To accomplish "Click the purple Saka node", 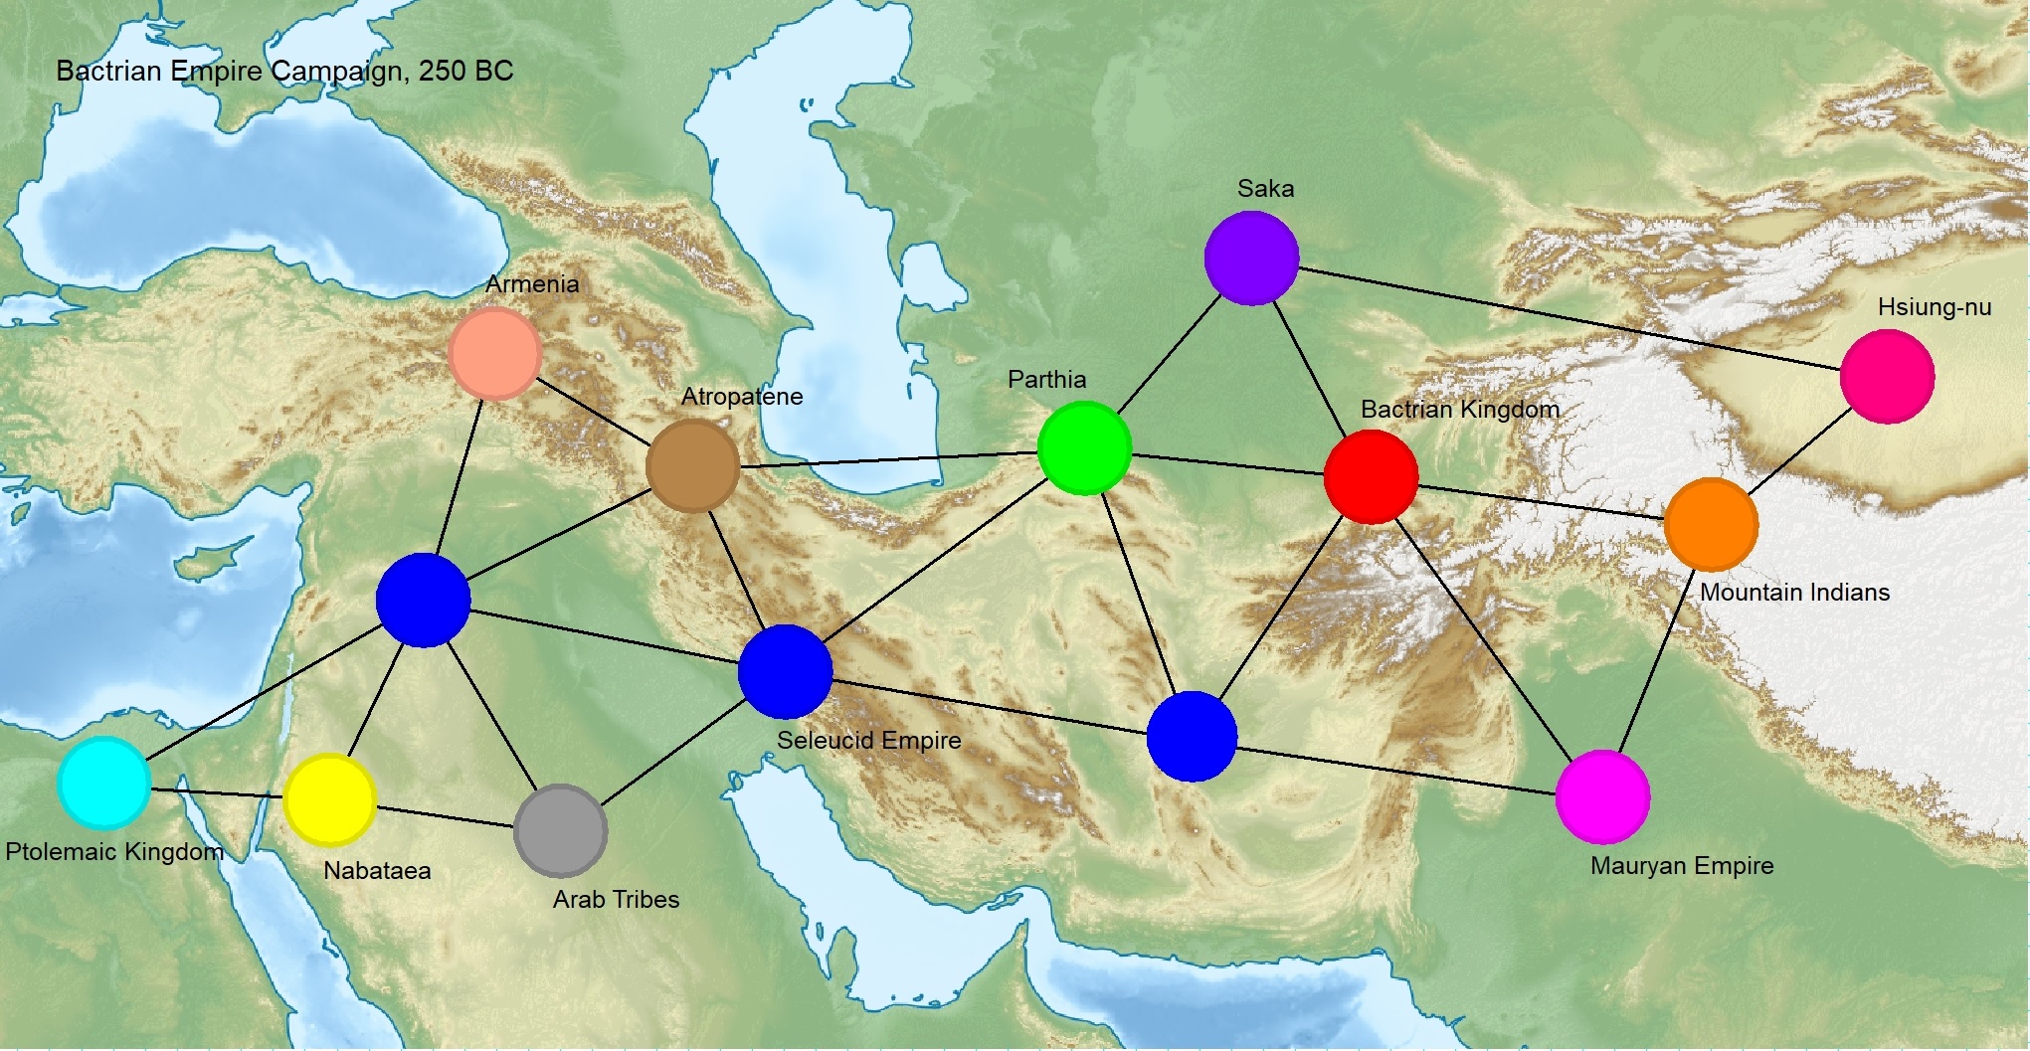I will click(1251, 258).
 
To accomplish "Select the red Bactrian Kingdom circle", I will click(1371, 477).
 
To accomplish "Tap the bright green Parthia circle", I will click(1084, 447).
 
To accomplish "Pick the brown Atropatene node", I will click(692, 465).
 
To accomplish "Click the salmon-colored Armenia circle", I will click(494, 353).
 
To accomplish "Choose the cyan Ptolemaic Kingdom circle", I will click(104, 783).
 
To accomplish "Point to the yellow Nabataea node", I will click(329, 799).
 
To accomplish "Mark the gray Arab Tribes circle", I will click(561, 830).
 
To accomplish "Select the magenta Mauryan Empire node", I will click(1602, 796).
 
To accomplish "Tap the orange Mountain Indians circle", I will click(1711, 524).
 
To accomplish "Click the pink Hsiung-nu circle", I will click(1887, 377).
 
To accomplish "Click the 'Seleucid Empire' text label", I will click(868, 740).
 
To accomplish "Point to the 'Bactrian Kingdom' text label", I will click(1459, 409).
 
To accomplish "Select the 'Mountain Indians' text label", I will click(1794, 593).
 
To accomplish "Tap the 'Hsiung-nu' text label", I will click(1934, 307).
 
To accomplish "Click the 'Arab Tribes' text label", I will click(616, 899).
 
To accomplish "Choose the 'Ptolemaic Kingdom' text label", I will click(114, 852).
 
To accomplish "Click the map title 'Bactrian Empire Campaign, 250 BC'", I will click(284, 72).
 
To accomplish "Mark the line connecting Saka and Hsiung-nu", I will click(1569, 318).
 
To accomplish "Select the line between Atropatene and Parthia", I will click(885, 458).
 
